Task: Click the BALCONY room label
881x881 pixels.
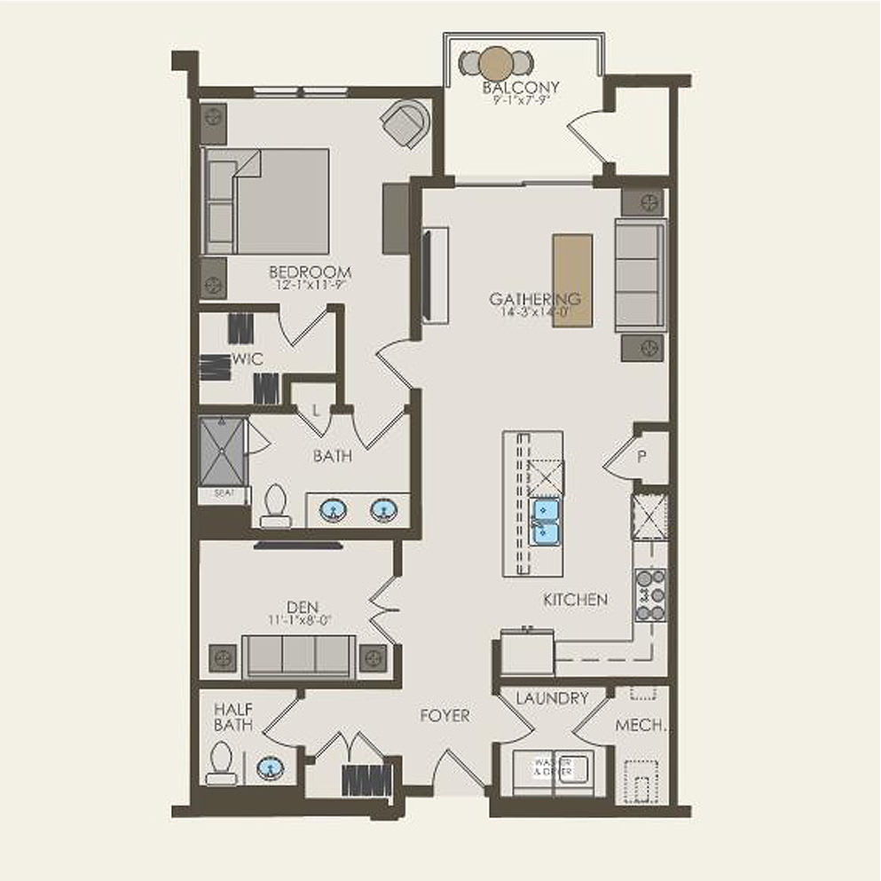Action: point(521,88)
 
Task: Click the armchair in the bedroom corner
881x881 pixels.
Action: point(407,123)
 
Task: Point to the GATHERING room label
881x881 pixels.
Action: point(535,299)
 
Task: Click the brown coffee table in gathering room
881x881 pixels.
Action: point(572,280)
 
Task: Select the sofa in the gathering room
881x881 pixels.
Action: point(641,275)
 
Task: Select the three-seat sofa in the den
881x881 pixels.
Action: point(299,657)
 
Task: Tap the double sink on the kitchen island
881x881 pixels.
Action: point(545,521)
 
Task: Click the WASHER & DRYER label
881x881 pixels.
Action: point(551,767)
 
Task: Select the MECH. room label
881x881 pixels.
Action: point(641,725)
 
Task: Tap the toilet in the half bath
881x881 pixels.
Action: point(222,764)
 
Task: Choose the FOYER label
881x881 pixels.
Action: point(444,715)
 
